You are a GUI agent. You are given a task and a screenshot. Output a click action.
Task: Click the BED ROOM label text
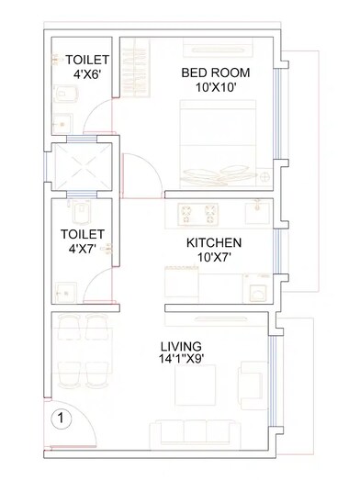[216, 72]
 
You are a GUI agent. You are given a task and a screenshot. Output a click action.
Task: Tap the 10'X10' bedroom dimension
[216, 87]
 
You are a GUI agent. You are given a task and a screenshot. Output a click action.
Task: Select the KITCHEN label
[214, 242]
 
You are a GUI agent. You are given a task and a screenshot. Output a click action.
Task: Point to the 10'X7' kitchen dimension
[214, 258]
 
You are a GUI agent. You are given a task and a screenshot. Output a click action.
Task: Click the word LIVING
[181, 346]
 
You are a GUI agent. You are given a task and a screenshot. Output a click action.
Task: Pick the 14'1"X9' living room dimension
[182, 362]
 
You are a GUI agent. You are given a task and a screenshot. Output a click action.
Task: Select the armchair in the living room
[249, 378]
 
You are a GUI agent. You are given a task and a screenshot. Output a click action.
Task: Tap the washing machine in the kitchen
[256, 286]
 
